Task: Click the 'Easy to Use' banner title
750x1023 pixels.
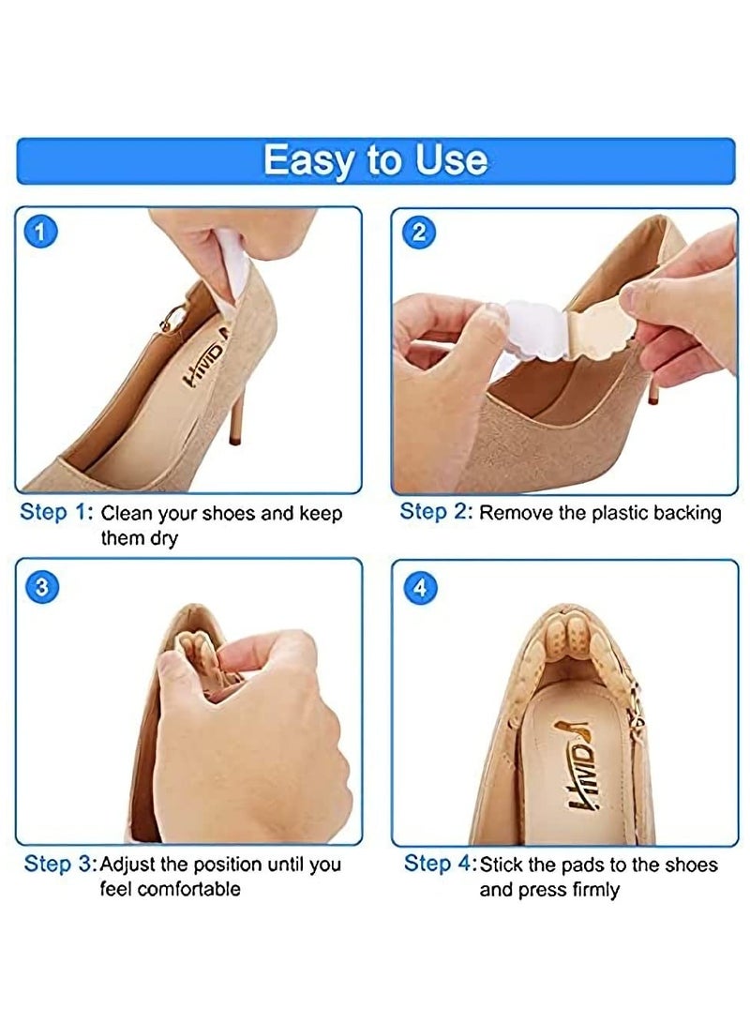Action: tap(375, 159)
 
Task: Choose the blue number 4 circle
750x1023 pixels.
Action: tap(419, 588)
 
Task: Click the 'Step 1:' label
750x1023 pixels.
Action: tap(57, 513)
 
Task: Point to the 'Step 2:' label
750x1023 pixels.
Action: tap(436, 512)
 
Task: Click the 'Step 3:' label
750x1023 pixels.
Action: tap(60, 864)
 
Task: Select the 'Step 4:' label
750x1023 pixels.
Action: tap(440, 864)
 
